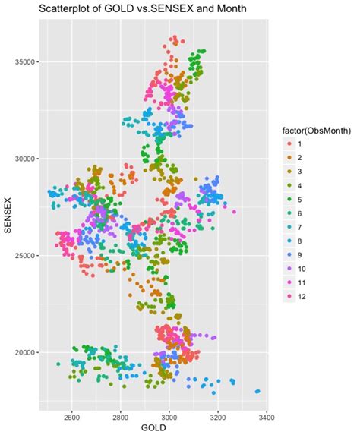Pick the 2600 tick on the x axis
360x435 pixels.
pyautogui.click(x=72, y=416)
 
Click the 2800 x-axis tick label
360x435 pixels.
pyautogui.click(x=121, y=416)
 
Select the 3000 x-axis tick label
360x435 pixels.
pyautogui.click(x=169, y=416)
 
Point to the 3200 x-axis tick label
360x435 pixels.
pyautogui.click(x=218, y=416)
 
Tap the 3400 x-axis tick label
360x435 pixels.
pyautogui.click(x=267, y=416)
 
